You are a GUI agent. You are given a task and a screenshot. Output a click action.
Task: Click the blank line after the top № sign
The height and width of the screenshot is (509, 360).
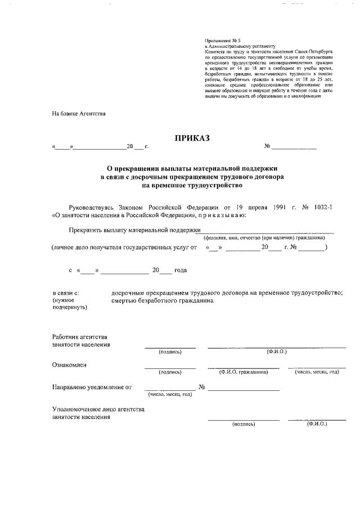pos(294,148)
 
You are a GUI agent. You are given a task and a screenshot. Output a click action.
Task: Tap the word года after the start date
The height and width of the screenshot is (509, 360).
pos(181,270)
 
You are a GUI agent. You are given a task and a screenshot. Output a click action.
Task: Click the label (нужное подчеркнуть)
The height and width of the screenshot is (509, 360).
pos(69,304)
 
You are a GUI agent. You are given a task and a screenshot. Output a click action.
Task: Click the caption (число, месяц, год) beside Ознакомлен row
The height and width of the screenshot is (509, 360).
pos(316,372)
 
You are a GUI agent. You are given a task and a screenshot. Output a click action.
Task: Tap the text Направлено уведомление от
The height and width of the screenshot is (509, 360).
pos(92,388)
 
